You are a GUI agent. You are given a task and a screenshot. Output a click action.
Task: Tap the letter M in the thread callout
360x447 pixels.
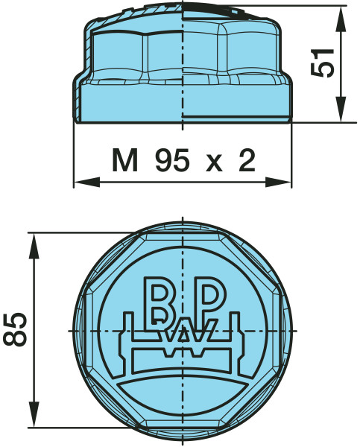point(126,159)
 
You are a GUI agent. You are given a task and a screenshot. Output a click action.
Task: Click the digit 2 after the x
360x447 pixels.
point(246,159)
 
